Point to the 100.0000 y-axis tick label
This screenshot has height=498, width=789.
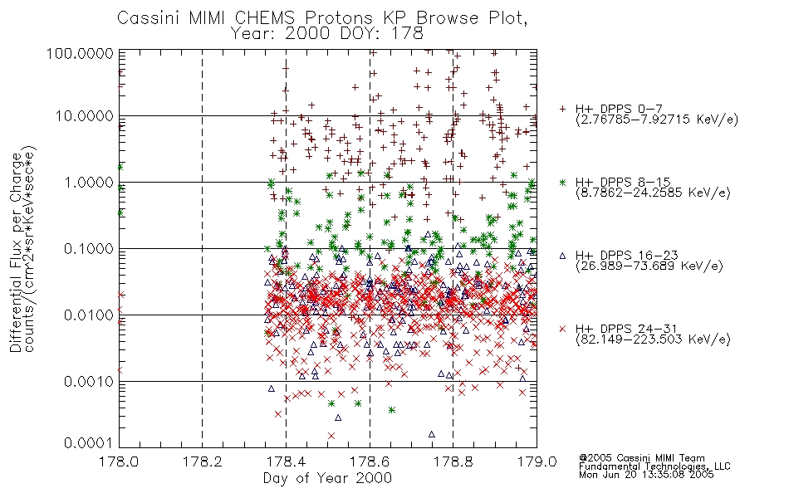(80, 54)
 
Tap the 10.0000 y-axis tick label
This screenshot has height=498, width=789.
(85, 116)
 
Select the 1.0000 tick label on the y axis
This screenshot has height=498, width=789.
(89, 182)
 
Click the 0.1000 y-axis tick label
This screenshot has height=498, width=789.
(89, 248)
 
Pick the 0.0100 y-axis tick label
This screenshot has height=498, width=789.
(89, 315)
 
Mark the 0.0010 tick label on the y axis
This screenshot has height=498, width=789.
(89, 381)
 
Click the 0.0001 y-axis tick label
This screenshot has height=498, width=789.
(89, 443)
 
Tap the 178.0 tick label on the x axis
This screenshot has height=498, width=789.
(119, 461)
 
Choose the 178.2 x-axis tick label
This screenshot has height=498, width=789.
(203, 461)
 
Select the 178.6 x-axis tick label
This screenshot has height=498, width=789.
(370, 461)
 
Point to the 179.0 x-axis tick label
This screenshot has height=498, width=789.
(537, 461)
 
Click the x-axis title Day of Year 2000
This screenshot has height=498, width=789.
(327, 478)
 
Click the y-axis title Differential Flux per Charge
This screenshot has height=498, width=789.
(16, 252)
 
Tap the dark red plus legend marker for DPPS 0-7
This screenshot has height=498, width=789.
(562, 109)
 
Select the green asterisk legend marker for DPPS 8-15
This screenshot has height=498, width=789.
(562, 182)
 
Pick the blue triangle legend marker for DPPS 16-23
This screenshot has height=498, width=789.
(562, 256)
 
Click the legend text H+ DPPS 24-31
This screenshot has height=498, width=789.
(626, 329)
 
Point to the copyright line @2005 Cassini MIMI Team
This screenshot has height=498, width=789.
(642, 458)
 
